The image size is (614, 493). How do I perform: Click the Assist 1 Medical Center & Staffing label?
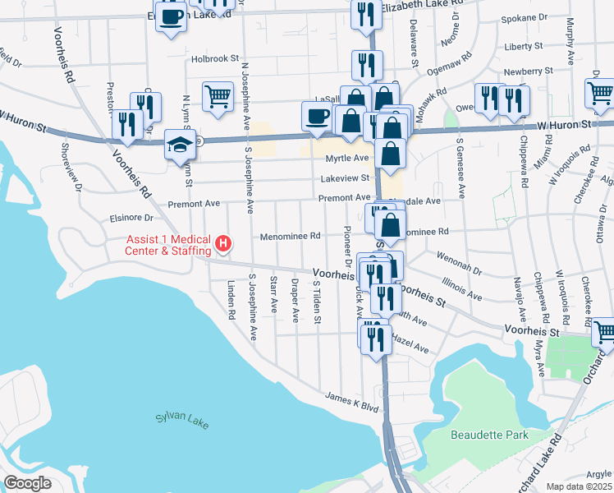(167, 244)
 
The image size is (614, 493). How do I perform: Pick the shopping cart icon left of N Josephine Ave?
(218, 96)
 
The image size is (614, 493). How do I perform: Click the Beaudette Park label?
(489, 434)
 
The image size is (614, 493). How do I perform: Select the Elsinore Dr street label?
(131, 219)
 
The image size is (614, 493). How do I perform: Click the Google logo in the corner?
(27, 483)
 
